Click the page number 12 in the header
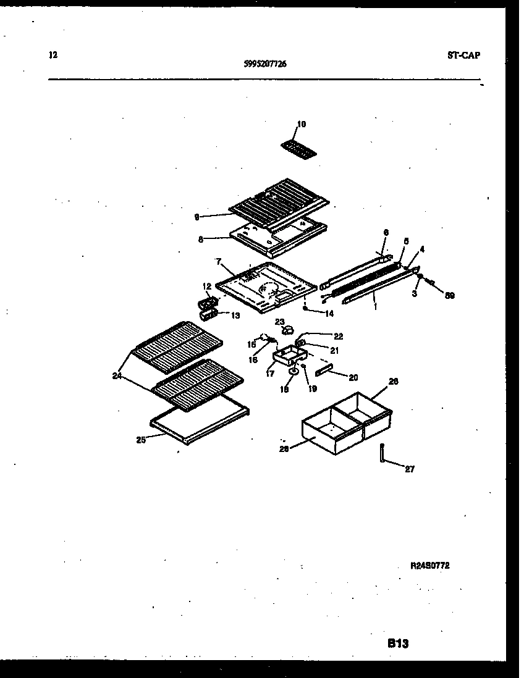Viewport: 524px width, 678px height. pos(53,55)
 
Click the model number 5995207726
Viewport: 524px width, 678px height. pos(265,63)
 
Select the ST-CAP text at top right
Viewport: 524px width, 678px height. pos(463,55)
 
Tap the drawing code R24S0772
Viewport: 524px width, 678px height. pos(429,564)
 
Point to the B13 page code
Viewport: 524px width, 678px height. pos(399,643)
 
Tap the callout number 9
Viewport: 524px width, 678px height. pos(196,217)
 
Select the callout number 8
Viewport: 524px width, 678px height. pos(200,240)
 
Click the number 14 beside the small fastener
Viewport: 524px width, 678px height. pos(329,314)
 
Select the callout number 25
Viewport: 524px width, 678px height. pos(142,440)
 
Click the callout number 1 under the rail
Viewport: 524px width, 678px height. pos(375,304)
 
